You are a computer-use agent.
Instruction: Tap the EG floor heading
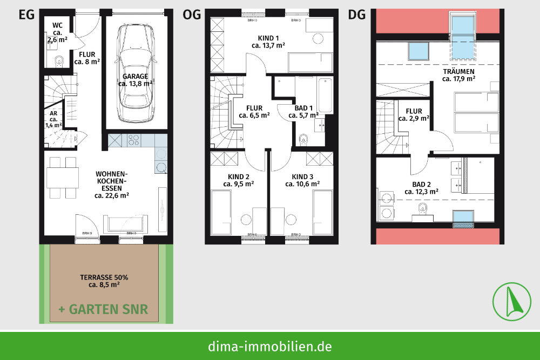pos(26,15)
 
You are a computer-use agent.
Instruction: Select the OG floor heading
pos(192,15)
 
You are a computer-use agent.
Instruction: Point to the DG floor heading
pos(357,15)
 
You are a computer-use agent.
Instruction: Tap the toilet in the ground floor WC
pos(59,61)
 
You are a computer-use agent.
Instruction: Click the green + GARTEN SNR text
pos(103,309)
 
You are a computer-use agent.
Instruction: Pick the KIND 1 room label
pos(268,42)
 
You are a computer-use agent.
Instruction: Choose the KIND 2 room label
pos(238,180)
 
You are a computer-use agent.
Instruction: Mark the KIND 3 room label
pos(302,180)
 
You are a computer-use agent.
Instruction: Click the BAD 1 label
pos(303,112)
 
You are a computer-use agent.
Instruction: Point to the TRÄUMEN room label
pos(458,74)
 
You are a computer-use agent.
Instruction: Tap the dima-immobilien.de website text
pos(270,346)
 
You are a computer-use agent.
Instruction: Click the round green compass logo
pos(510,300)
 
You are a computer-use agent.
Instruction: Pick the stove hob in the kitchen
pos(134,140)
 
